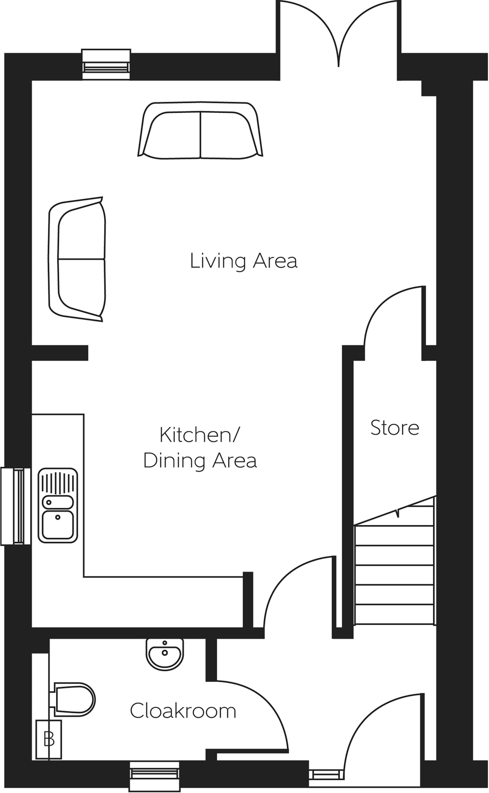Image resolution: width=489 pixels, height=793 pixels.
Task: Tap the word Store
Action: pyautogui.click(x=394, y=428)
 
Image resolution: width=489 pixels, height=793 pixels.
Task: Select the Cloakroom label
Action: pyautogui.click(x=183, y=711)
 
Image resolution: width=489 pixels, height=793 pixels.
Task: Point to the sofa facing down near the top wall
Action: pyautogui.click(x=200, y=130)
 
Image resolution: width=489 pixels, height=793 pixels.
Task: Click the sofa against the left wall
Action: pyautogui.click(x=77, y=259)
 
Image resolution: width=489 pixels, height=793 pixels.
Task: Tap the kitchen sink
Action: pyautogui.click(x=58, y=505)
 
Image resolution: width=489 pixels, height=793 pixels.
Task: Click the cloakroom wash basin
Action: pyautogui.click(x=165, y=654)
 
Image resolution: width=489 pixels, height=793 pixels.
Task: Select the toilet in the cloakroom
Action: pyautogui.click(x=73, y=700)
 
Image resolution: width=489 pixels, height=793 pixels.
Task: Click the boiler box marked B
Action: pyautogui.click(x=49, y=739)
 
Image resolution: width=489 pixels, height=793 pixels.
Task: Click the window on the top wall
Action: pyautogui.click(x=106, y=65)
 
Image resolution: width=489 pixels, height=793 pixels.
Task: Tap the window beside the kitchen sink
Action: pyautogui.click(x=16, y=506)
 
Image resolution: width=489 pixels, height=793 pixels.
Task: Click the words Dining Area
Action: pyautogui.click(x=200, y=460)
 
